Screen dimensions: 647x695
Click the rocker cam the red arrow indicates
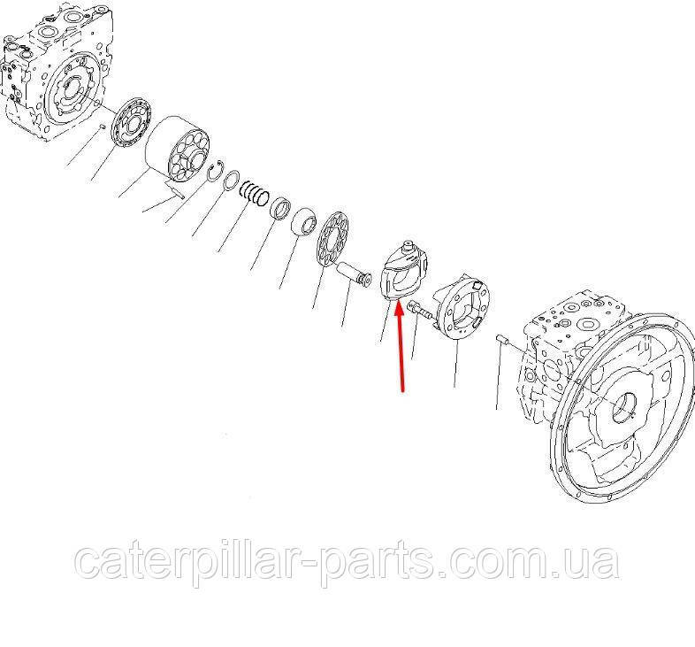[x=404, y=270]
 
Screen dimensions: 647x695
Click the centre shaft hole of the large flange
[x=625, y=407]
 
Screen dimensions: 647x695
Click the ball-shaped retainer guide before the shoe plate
[x=306, y=222]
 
